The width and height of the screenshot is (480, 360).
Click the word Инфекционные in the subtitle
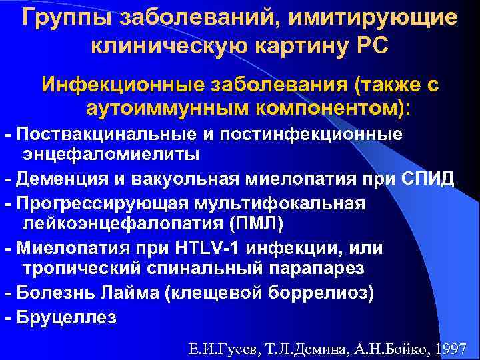pyautogui.click(x=120, y=85)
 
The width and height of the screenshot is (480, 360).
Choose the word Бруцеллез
pyautogui.click(x=67, y=317)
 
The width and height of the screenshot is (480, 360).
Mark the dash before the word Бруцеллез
pyautogui.click(x=7, y=317)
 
